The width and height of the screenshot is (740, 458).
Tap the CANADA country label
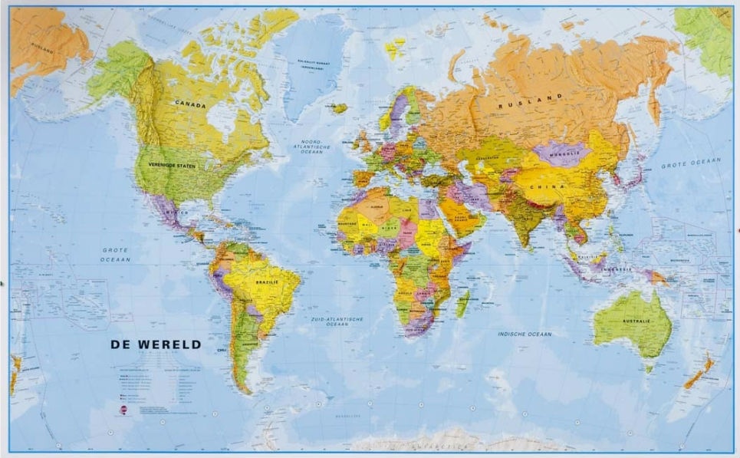coord(191,102)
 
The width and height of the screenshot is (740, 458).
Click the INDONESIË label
coord(615,269)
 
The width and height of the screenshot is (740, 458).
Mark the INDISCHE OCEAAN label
coord(525,334)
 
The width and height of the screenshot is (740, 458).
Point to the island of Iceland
coord(338,109)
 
